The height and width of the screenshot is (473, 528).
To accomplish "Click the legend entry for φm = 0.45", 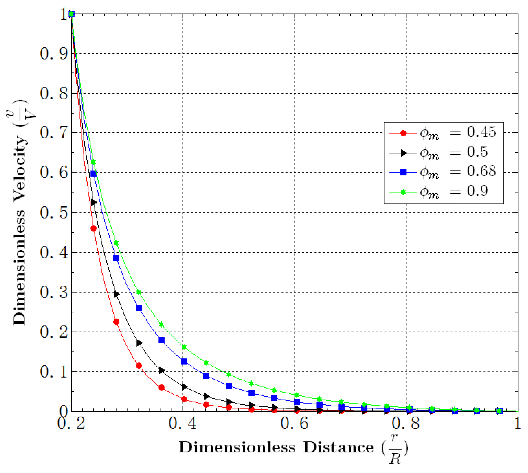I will pyautogui.click(x=442, y=133).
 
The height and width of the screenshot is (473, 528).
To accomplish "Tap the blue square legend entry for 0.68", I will pyautogui.click(x=442, y=172).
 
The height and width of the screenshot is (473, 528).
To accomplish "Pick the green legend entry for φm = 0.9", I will pyautogui.click(x=440, y=192).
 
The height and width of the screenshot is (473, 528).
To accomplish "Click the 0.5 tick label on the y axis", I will pyautogui.click(x=54, y=213).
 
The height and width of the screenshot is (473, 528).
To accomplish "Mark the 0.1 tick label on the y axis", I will pyautogui.click(x=54, y=372).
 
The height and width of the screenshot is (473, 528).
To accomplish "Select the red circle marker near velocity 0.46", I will pyautogui.click(x=93, y=228).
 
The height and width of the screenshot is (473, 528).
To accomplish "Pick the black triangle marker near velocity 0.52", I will pyautogui.click(x=94, y=202).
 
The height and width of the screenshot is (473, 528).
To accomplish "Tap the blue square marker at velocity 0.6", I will pyautogui.click(x=93, y=174).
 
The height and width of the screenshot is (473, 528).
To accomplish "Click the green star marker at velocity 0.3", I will pyautogui.click(x=139, y=292).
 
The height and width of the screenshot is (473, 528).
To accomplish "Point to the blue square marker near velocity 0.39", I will pyautogui.click(x=116, y=258).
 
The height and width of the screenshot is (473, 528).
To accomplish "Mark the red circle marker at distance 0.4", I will pyautogui.click(x=184, y=399).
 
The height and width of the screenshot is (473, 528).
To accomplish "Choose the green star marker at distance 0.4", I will pyautogui.click(x=184, y=347).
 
